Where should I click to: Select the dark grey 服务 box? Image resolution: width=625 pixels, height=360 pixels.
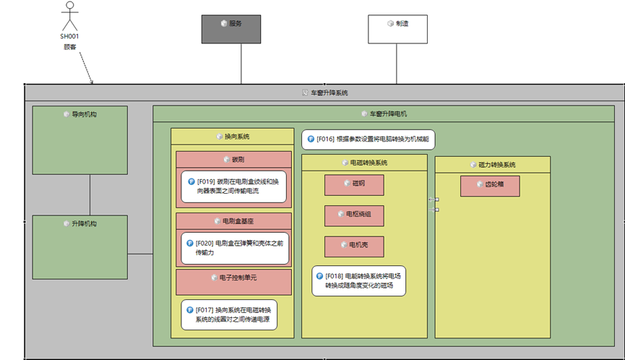[230, 29]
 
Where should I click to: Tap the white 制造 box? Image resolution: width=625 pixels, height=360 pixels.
[397, 29]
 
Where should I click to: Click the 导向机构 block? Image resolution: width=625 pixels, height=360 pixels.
[79, 140]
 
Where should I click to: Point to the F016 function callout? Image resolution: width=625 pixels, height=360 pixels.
[368, 139]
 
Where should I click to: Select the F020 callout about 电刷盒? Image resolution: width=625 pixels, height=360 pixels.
[233, 248]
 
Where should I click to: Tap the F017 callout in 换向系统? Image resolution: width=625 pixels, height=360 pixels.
[228, 314]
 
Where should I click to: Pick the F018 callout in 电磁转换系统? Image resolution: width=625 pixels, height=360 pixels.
[358, 280]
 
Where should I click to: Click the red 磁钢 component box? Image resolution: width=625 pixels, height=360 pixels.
[354, 184]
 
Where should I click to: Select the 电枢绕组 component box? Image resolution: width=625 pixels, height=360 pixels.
[354, 215]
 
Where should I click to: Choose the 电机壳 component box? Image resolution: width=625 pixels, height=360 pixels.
[354, 246]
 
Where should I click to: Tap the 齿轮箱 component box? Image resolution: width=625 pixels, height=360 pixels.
[491, 185]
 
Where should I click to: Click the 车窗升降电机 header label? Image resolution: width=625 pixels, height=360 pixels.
[388, 113]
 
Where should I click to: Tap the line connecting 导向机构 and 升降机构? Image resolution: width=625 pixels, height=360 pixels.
[90, 194]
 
